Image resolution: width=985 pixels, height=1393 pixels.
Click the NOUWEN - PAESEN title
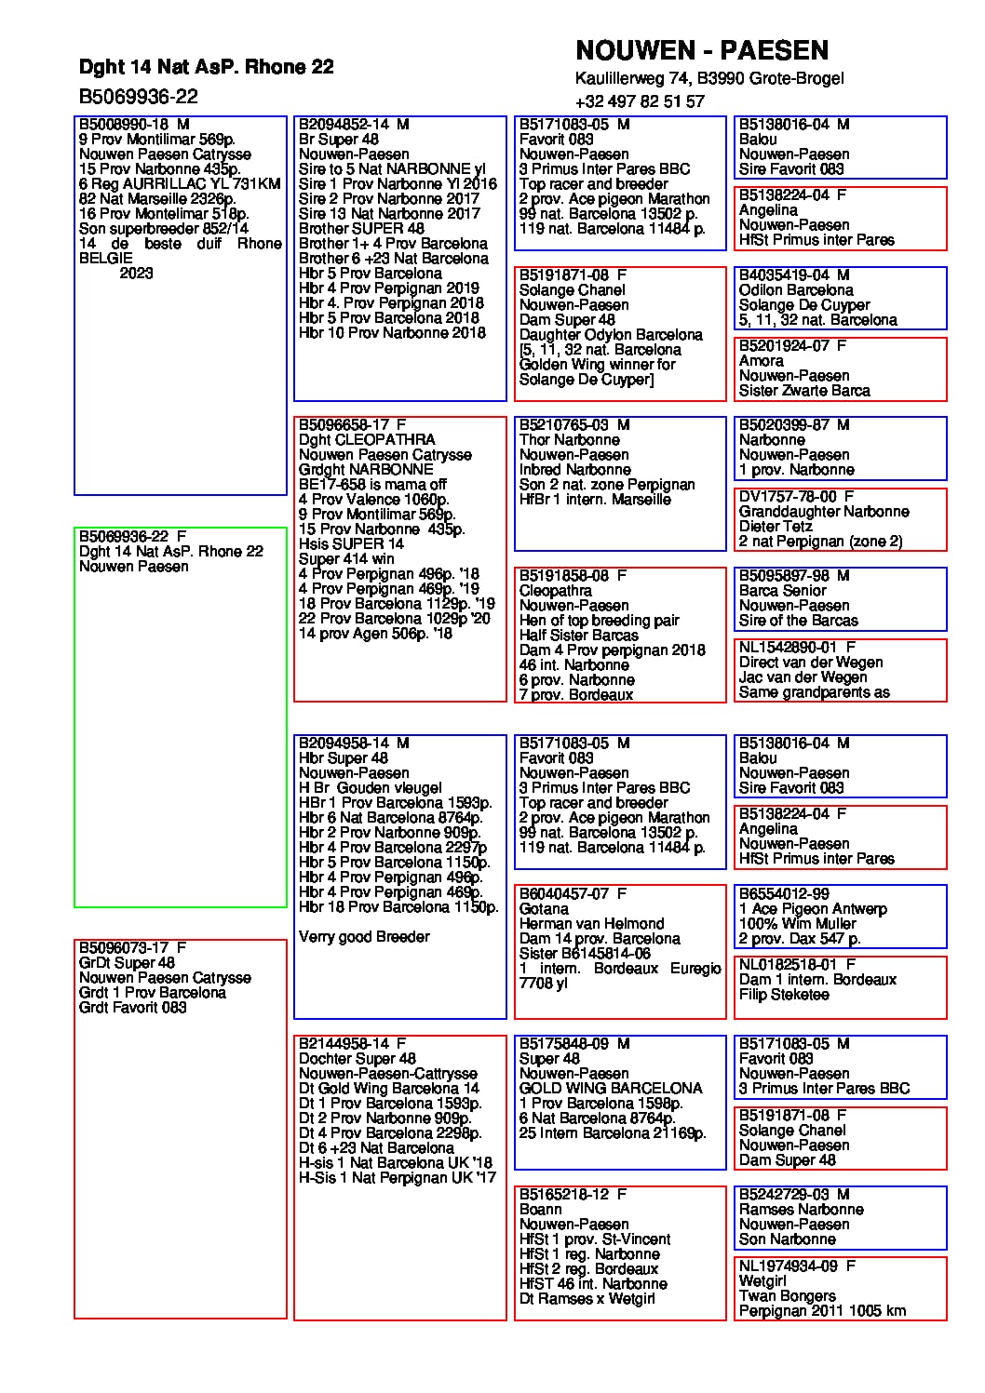701,50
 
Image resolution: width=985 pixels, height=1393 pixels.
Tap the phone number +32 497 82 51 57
640,101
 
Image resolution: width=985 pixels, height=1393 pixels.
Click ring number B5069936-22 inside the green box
124,537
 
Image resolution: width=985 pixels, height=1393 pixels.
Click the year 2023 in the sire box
136,274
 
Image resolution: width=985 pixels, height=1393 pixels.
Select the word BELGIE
106,259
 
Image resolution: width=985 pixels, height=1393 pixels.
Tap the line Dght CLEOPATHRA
366,440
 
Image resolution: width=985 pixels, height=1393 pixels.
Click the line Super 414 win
346,559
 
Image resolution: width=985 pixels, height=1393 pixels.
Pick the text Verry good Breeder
364,937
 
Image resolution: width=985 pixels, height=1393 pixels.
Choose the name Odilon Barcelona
795,290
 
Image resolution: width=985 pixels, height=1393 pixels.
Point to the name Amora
761,361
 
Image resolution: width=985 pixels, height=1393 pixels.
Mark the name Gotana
544,909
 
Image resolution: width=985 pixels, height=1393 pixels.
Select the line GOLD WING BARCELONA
610,1089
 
